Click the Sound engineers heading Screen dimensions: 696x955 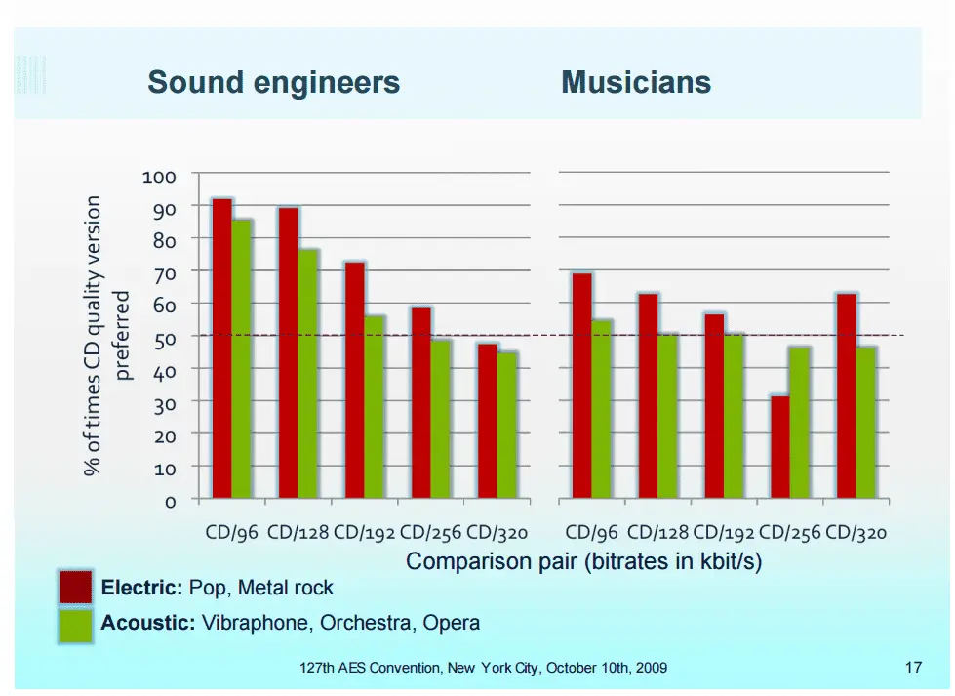[273, 82]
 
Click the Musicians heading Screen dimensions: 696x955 [636, 82]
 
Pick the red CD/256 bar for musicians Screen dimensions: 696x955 [779, 447]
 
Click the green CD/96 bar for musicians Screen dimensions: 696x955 [602, 409]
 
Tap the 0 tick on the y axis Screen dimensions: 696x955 [171, 501]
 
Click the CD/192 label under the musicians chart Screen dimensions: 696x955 [723, 533]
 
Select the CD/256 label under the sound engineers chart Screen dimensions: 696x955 [430, 533]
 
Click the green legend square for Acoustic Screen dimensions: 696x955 [76, 625]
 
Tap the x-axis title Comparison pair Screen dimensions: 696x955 [583, 562]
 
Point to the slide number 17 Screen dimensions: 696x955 [913, 668]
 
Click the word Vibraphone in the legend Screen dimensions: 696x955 [247, 623]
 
